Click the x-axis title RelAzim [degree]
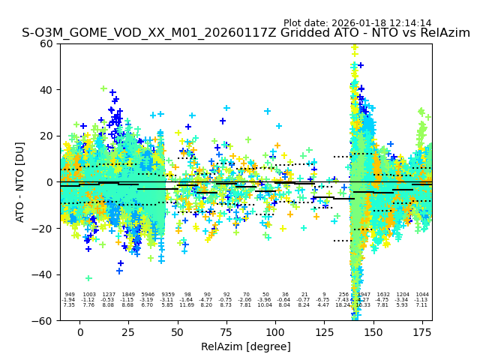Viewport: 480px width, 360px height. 246,346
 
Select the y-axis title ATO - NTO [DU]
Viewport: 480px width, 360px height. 20,182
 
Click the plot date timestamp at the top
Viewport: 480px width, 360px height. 357,23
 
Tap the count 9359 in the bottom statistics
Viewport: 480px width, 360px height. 168,295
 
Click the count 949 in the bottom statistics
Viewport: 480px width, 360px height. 70,295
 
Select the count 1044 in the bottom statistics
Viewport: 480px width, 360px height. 422,295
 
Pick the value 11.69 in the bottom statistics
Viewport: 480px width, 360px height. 187,305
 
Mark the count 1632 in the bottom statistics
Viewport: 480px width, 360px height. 383,295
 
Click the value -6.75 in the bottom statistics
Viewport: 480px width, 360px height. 323,300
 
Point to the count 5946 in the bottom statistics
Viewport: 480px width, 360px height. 148,295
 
